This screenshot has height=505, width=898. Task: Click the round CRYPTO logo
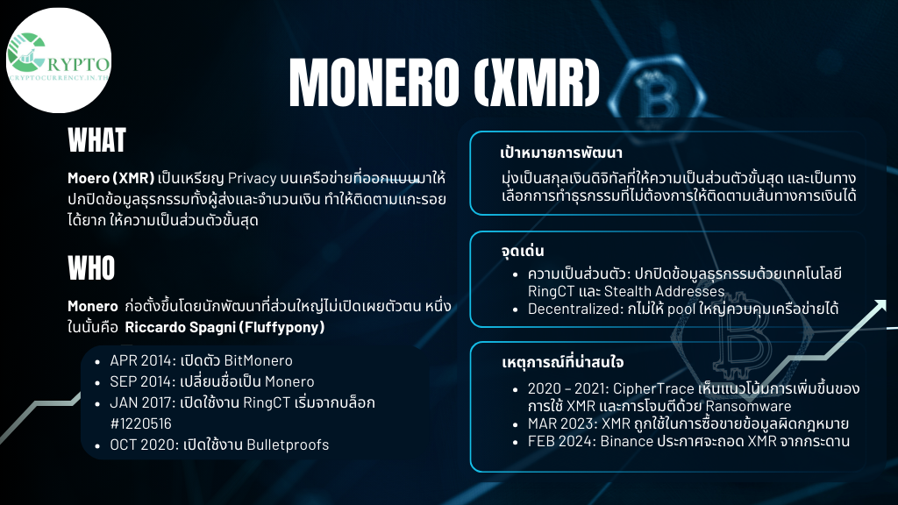tap(59, 60)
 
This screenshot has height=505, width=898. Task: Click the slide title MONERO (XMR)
tap(445, 83)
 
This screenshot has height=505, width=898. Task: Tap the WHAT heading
tap(96, 140)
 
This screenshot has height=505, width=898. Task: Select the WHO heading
tap(91, 268)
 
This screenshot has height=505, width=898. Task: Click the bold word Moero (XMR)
tap(111, 178)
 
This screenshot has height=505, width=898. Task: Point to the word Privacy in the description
tap(252, 179)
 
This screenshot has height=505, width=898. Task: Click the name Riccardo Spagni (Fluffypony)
tap(224, 327)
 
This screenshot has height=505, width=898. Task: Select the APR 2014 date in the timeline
tap(142, 360)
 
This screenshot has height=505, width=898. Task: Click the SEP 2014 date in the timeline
tap(142, 381)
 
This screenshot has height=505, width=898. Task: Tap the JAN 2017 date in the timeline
tap(143, 402)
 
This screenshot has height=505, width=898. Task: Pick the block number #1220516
tap(141, 423)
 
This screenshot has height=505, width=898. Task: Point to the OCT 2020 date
tap(144, 445)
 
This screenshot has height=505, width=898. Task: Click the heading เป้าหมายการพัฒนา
tap(560, 153)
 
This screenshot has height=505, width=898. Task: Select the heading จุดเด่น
tap(523, 251)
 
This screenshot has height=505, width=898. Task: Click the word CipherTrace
tap(653, 388)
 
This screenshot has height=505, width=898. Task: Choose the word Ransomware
tap(748, 406)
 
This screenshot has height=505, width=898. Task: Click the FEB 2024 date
tap(561, 442)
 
